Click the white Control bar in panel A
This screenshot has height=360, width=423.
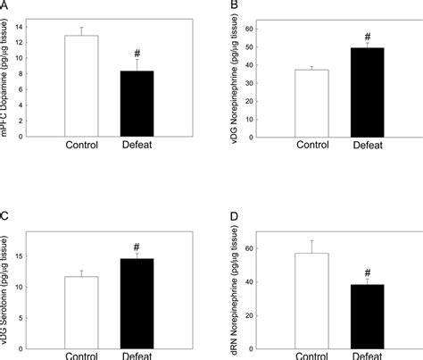click(81, 86)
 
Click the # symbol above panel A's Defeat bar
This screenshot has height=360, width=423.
click(136, 52)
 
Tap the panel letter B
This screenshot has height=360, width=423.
click(235, 6)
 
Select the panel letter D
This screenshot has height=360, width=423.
click(235, 218)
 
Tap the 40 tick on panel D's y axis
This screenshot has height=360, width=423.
click(261, 282)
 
